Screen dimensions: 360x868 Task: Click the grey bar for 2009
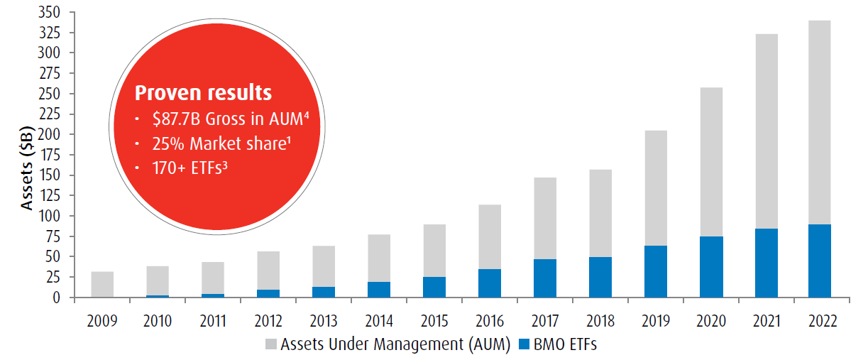click(x=103, y=284)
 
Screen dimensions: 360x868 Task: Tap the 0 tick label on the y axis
click(x=62, y=298)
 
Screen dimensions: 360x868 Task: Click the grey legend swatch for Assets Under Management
click(x=270, y=344)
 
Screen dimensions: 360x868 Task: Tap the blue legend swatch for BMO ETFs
click(x=524, y=344)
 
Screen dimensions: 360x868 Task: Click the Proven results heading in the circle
click(x=203, y=93)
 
